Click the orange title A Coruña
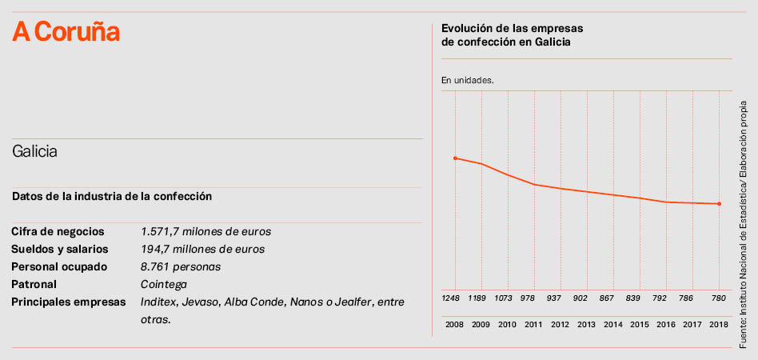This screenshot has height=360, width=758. coord(66,32)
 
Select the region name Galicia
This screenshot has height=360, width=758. coord(34,151)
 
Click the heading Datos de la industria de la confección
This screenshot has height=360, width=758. coord(112,196)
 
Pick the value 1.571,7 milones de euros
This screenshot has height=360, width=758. coord(205,232)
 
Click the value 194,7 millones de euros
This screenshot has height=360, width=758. coord(202,250)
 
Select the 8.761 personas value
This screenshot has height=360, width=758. coord(180,267)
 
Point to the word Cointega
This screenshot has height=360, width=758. coord(163,285)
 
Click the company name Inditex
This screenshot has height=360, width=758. coord(158,302)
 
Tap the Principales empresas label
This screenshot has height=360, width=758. coord(69,302)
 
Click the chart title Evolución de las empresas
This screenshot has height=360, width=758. coord(506,29)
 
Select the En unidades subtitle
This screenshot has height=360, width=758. coord(468,81)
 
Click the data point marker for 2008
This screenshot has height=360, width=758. coord(455,158)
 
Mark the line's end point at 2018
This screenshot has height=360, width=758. coord(720,204)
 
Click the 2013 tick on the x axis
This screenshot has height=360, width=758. coord(587,324)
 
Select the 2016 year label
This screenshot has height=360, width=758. coord(666,324)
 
